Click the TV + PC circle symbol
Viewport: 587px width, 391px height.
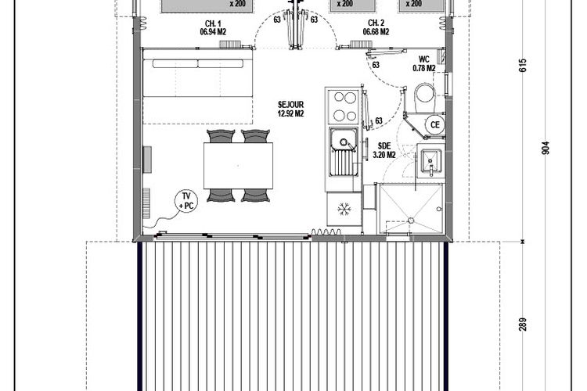coord(186,201)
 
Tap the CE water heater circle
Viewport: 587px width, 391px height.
coord(434,124)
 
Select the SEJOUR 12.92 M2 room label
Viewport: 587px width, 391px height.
coord(290,109)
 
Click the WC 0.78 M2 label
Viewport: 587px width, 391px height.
coord(423,63)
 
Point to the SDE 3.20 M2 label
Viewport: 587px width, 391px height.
coord(384,150)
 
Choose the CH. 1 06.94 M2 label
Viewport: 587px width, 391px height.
coord(213,27)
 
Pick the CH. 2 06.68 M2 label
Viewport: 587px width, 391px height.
coord(376,27)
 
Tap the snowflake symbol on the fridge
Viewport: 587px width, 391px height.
coord(344,209)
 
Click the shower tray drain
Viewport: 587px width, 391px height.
coord(411,221)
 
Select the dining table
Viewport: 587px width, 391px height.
coord(238,165)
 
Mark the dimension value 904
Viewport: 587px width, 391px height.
coord(546,148)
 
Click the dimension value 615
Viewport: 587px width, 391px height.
coord(523,65)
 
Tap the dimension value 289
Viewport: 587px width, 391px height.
coord(523,324)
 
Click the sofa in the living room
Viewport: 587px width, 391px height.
coord(198,87)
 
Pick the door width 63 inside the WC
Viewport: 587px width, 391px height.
coord(376,65)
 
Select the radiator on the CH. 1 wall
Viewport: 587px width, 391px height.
coord(230,45)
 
